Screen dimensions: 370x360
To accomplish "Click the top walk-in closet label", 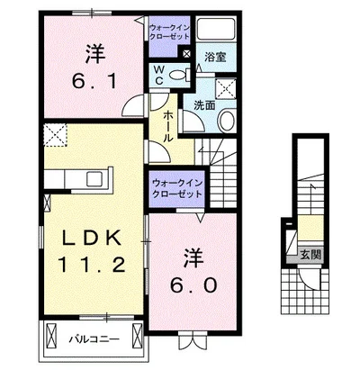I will pyautogui.click(x=169, y=32).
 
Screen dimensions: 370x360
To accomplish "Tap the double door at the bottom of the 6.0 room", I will pyautogui.click(x=166, y=341).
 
